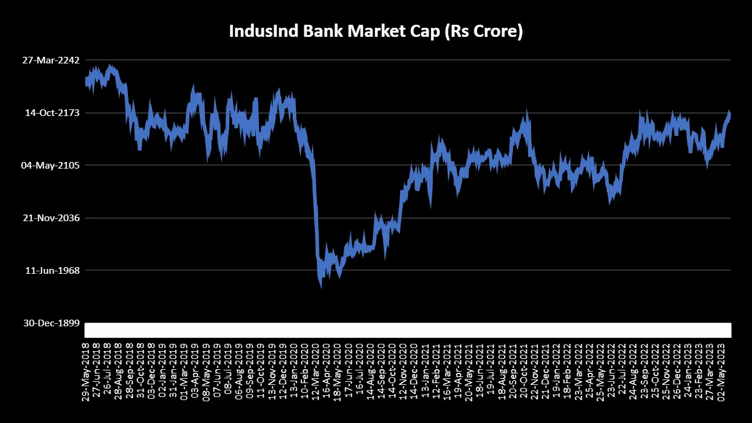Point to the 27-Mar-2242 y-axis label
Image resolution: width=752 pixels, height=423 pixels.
51,60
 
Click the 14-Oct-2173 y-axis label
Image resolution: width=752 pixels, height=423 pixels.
52,113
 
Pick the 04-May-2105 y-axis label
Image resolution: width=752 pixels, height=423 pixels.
51,166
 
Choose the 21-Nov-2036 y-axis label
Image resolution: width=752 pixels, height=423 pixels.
51,218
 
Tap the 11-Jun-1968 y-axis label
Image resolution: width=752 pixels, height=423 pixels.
53,271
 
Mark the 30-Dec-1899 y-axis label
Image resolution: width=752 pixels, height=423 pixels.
51,323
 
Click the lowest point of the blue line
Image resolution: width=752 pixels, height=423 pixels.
321,288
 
